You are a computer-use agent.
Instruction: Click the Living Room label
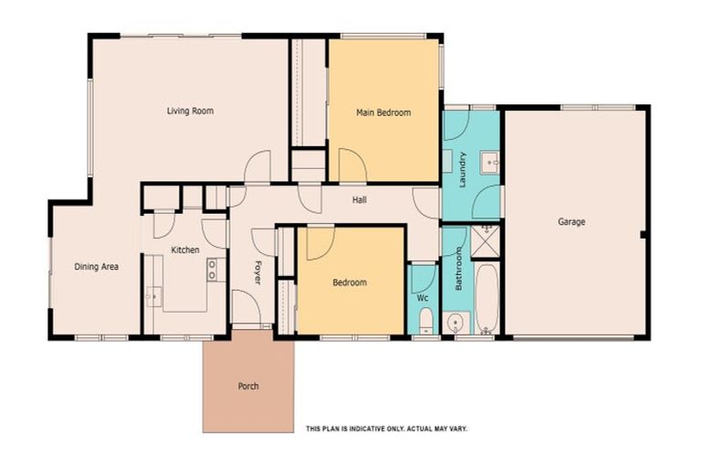(x=190, y=111)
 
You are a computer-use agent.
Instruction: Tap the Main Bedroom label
(x=383, y=112)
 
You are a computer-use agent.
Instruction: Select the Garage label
(x=571, y=222)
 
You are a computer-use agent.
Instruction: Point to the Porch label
(x=248, y=386)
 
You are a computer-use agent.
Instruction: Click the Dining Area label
(x=96, y=267)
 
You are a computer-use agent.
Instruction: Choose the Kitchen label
(x=185, y=250)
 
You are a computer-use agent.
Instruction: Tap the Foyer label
(x=257, y=272)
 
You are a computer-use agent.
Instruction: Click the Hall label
(x=360, y=200)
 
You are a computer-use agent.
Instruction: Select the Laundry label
(x=462, y=170)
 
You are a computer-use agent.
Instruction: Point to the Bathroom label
(x=459, y=270)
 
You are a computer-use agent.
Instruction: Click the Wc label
(x=423, y=297)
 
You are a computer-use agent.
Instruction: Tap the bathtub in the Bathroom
(x=487, y=299)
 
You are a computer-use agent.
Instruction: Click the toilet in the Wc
(x=425, y=320)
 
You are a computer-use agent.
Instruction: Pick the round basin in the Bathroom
(x=455, y=323)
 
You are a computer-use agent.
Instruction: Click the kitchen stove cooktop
(x=212, y=270)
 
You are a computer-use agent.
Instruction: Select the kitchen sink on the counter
(x=153, y=296)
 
